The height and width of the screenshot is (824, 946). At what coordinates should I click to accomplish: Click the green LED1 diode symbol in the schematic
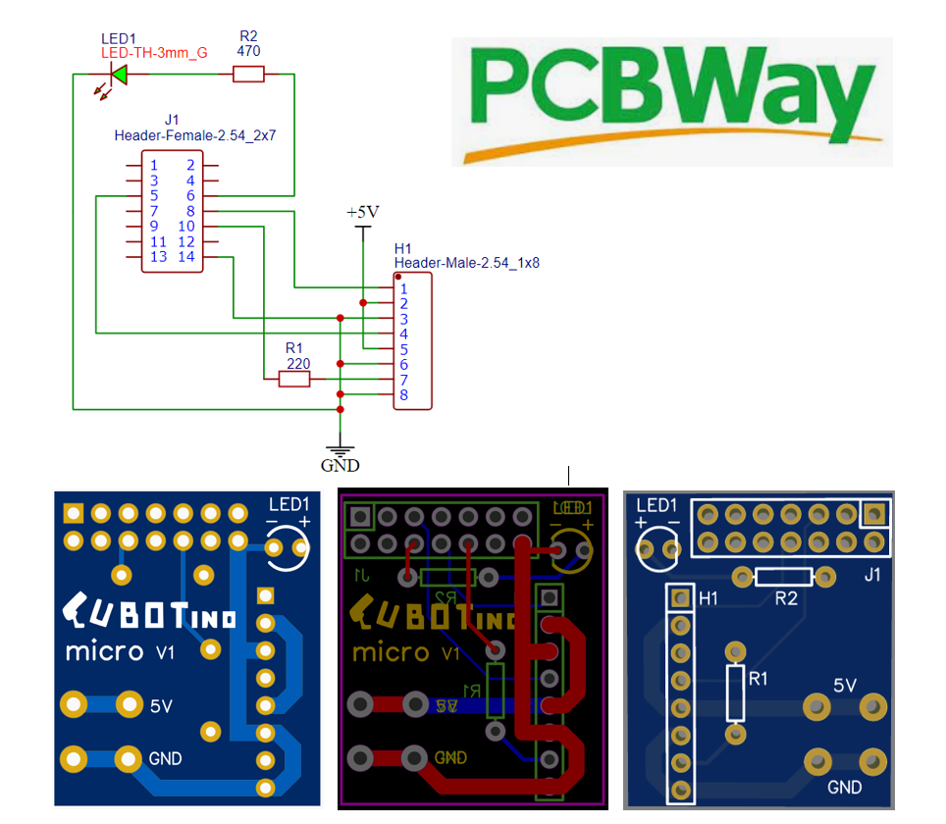[119, 74]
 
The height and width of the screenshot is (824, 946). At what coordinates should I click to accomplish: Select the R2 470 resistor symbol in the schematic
[248, 74]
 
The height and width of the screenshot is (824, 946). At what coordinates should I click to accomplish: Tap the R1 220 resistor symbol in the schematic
[294, 379]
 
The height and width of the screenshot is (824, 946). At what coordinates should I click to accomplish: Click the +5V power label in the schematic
[362, 212]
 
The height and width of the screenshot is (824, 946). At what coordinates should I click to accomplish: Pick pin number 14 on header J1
[186, 257]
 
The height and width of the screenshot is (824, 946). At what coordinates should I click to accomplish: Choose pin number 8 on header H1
[403, 395]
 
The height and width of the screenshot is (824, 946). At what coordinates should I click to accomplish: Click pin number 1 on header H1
[403, 288]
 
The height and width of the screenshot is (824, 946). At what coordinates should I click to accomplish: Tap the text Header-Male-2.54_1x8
[466, 263]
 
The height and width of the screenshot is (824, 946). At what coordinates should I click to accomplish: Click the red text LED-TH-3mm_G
[154, 53]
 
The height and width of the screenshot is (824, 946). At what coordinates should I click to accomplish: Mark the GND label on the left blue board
[165, 758]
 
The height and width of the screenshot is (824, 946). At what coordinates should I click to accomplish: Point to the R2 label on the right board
[786, 598]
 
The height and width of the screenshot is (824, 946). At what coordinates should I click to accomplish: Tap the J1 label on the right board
[872, 576]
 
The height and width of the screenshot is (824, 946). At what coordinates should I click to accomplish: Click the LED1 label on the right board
[657, 505]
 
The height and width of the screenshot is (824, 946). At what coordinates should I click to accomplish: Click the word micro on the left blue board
[103, 651]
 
